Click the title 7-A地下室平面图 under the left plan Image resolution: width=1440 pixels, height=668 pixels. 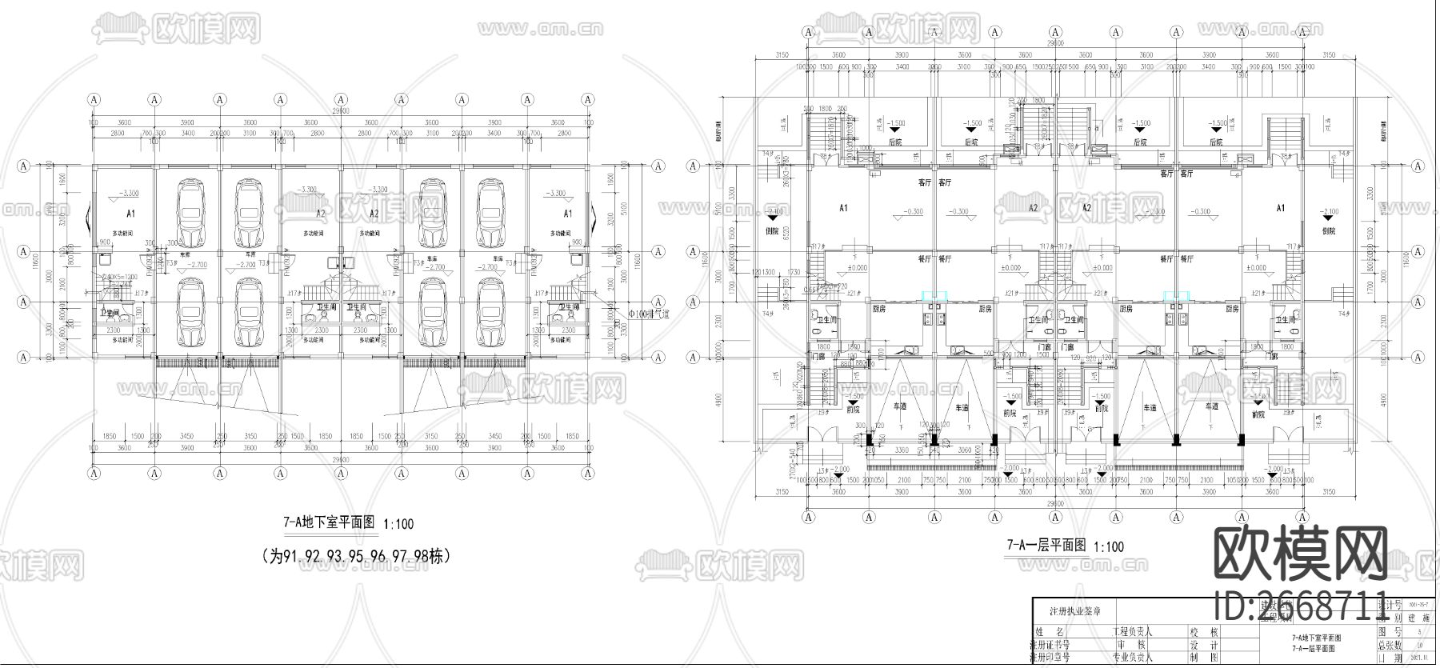[329, 523]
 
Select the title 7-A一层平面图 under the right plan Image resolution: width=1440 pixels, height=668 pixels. [1046, 546]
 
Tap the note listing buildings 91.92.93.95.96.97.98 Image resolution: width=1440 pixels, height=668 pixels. [357, 555]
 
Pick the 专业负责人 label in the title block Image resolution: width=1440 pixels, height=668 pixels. [1130, 658]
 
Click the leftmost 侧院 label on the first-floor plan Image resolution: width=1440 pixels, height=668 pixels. [772, 230]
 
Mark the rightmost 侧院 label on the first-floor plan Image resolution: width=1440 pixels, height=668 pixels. [1329, 230]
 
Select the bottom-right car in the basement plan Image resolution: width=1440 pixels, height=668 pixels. [490, 313]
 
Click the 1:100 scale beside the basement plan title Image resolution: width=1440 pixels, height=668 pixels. [398, 524]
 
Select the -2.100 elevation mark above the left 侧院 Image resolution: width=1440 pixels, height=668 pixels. [774, 212]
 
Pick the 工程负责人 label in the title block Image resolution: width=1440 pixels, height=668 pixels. [1130, 631]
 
